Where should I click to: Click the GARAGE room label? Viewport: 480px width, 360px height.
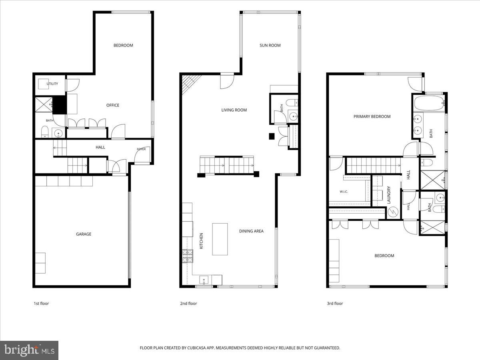pos(84,234)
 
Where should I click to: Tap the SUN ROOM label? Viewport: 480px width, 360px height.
pos(270,45)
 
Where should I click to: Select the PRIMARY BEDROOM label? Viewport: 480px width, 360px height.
pos(372,116)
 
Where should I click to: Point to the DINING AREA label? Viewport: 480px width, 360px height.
pos(251,231)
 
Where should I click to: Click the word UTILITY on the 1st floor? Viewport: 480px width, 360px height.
pos(52,84)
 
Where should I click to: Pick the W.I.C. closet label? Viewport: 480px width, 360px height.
pos(344,192)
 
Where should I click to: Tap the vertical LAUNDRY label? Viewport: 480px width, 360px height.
pos(388,195)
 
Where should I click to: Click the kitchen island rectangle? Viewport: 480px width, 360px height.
pos(220,239)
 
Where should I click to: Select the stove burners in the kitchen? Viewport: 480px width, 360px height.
pos(188,256)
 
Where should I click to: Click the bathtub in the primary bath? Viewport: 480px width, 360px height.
pos(429,103)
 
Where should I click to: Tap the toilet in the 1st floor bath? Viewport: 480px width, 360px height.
pos(45,132)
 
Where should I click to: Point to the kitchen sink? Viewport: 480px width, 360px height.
pos(204,280)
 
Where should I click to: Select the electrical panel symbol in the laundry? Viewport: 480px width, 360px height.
pos(393,212)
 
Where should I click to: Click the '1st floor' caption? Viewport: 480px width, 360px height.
pos(41,303)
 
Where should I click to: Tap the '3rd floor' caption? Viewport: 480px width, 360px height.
pos(335,303)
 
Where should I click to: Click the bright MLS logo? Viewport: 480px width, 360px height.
pos(29,350)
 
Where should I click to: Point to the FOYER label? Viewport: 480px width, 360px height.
pos(141,149)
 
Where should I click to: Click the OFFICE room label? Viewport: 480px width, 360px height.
pos(113,105)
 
